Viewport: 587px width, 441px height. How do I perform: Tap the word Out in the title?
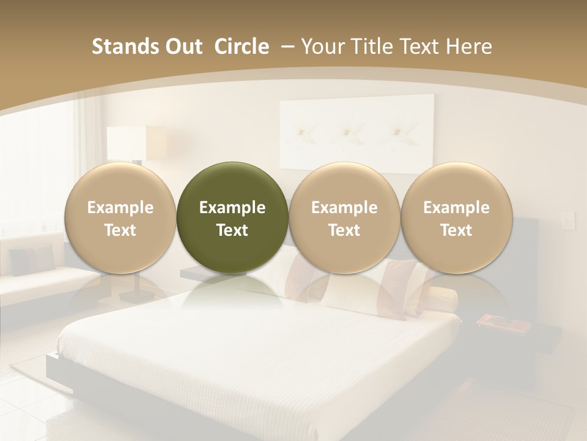point(182,47)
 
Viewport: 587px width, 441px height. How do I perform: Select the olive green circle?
point(232,217)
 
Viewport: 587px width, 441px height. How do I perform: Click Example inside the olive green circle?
point(232,208)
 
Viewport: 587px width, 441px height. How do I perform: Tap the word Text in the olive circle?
point(232,230)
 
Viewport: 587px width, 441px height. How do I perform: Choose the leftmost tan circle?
point(120,217)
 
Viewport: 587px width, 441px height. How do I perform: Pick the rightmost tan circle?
point(456,217)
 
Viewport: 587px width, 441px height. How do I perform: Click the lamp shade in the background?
point(136,143)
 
